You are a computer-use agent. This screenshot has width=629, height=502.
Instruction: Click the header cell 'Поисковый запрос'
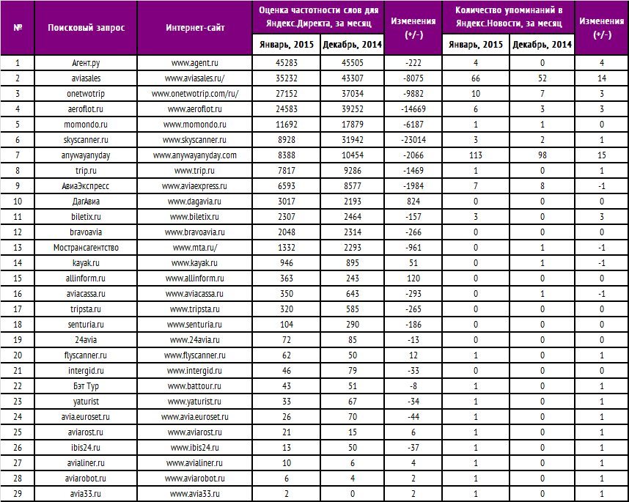coord(86,28)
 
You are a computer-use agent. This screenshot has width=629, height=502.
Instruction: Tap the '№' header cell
coord(18,28)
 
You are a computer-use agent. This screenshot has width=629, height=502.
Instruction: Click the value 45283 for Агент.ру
coord(287,64)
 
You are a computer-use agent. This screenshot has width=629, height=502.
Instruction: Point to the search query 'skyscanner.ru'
coord(86,139)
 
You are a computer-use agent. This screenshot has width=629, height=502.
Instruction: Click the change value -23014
coord(413,139)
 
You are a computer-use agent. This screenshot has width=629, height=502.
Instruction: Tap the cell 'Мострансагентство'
coord(86,248)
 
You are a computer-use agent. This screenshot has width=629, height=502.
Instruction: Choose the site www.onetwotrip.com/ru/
coord(195,95)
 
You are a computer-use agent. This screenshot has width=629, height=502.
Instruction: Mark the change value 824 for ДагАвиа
coord(413,202)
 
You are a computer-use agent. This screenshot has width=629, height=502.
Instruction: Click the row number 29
coord(18,493)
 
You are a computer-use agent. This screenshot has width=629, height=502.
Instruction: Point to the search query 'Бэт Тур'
coord(86,386)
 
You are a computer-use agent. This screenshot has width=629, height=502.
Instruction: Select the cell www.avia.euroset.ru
coord(195,417)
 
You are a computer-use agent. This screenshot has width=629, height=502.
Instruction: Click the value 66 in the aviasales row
coord(476,78)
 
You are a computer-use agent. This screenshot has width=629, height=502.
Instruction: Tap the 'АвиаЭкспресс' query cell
coord(86,186)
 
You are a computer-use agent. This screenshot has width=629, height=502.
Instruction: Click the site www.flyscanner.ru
coord(195,355)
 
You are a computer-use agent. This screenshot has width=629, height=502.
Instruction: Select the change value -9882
coord(413,95)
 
